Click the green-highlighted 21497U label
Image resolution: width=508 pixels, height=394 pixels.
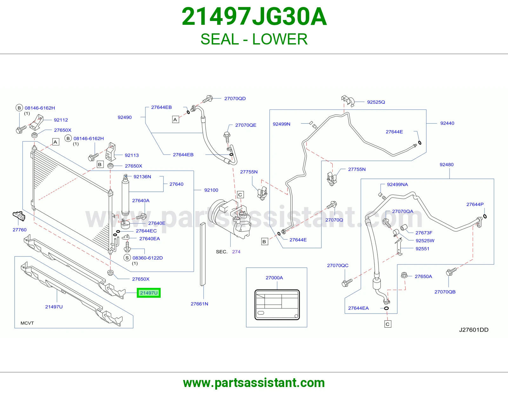tap(149, 293)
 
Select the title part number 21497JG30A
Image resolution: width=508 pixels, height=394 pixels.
tap(254, 17)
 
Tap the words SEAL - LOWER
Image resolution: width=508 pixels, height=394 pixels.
tap(254, 39)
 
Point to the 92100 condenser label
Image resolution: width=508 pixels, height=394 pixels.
tap(211, 190)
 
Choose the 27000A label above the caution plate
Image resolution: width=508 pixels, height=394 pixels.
tap(274, 278)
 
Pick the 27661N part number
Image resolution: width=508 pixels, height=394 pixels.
tap(199, 304)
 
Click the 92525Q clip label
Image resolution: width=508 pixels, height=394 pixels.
tap(376, 102)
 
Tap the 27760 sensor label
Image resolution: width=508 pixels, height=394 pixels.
tap(20, 230)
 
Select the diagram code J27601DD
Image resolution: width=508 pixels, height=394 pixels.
tap(474, 330)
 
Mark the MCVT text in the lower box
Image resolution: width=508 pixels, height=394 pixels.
tap(27, 323)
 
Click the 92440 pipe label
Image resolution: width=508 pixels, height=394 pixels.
tap(447, 123)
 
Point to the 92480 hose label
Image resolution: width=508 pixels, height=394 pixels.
tap(446, 165)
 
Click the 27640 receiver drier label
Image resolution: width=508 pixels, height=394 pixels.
tap(177, 184)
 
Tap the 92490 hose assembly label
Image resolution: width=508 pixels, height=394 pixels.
tap(124, 117)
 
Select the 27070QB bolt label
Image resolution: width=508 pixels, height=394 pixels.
tap(445, 292)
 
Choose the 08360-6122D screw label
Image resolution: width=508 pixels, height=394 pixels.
tap(148, 258)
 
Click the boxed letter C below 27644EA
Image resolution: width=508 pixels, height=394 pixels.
tap(388, 324)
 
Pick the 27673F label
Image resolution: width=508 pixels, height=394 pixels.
tap(424, 233)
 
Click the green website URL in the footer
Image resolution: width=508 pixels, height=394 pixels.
tap(254, 383)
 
